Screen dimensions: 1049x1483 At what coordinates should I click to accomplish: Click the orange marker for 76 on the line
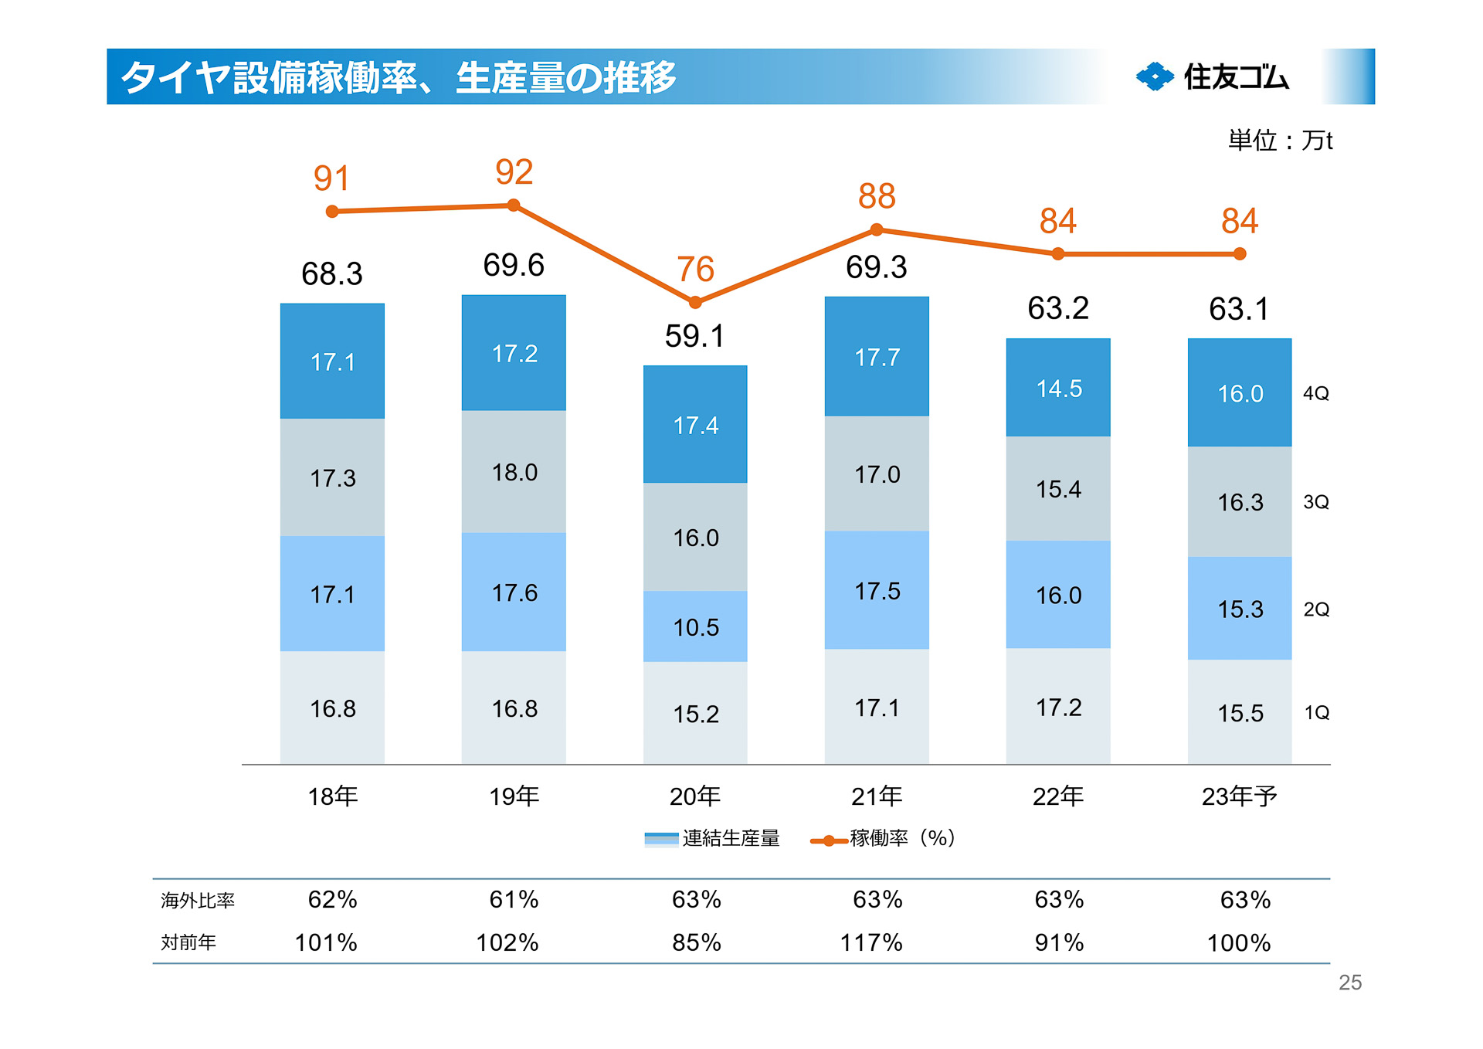click(x=695, y=302)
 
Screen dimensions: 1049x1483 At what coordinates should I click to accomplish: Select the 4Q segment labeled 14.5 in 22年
click(x=1058, y=388)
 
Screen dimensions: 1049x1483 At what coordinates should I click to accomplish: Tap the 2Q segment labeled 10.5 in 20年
click(x=695, y=626)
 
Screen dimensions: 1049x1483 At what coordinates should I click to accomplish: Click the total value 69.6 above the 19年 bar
click(x=514, y=265)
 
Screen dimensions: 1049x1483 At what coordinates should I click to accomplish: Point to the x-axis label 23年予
click(x=1239, y=796)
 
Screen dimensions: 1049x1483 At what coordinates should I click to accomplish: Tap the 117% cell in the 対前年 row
click(x=871, y=942)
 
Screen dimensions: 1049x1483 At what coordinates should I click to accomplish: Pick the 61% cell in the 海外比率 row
click(x=514, y=899)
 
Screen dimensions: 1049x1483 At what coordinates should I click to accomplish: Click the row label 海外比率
click(x=197, y=900)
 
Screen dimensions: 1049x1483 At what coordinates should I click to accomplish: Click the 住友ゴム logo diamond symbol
click(x=1155, y=76)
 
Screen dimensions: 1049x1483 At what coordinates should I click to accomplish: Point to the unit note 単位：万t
click(x=1280, y=141)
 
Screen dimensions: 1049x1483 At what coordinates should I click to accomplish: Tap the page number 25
click(x=1349, y=983)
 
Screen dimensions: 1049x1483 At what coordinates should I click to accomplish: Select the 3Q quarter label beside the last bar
click(x=1316, y=502)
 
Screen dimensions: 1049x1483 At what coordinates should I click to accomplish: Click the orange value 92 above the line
click(x=514, y=171)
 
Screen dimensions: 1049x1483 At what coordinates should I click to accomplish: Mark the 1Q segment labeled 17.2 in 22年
click(x=1058, y=707)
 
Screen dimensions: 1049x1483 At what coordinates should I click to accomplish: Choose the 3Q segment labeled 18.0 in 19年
click(x=514, y=472)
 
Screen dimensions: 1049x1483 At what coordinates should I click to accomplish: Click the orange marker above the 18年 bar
click(x=332, y=212)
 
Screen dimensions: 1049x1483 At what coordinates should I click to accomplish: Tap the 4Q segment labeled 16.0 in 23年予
click(x=1240, y=393)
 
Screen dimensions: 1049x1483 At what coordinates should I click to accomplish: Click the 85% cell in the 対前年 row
click(x=696, y=942)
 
